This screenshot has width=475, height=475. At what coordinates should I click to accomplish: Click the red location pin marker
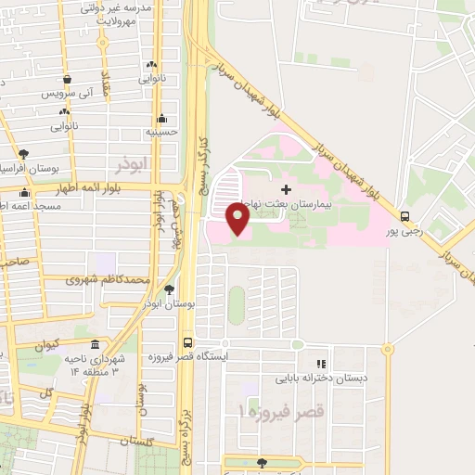238,219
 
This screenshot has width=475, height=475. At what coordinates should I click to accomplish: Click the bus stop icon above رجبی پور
404,216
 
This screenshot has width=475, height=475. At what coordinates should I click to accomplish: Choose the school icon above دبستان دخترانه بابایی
321,365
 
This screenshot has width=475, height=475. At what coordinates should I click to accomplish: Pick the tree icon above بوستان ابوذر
168,290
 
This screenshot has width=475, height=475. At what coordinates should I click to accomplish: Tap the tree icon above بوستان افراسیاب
23,155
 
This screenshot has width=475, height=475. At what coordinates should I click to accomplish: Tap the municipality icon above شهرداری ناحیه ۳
91,341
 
